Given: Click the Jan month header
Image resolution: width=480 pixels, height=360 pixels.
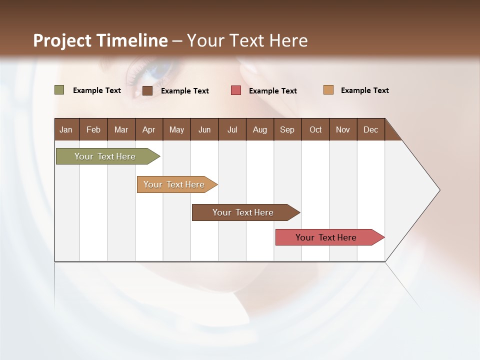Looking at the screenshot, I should coord(66,129).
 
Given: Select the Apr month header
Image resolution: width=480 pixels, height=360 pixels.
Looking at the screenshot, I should coord(148,129).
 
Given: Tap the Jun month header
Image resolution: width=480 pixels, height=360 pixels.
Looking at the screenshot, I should coord(204,129).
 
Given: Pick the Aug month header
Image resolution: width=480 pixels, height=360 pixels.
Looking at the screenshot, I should coord(259,129).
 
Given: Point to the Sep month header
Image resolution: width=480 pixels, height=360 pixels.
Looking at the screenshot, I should coord(287,129).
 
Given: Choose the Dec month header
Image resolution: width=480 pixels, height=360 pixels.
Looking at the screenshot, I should coord(370,129).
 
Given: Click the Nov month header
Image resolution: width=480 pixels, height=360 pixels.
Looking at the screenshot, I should coord(342,129).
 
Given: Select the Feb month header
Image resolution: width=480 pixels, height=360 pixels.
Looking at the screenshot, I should coord(93,129).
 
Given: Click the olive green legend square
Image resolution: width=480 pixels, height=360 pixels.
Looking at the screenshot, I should coord(59,90).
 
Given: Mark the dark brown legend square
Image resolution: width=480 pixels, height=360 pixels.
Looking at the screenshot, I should coord(147,90).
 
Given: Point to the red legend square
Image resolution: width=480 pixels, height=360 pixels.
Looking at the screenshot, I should coord(236,90).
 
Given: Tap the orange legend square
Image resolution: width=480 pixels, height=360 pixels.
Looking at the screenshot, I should coord(328,90).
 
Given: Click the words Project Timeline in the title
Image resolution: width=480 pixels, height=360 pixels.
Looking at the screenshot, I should coord(100,40).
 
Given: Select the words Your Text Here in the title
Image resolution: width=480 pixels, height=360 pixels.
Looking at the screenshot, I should coord(247,40).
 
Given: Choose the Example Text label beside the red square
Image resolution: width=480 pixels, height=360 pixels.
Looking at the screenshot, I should coord(272,91).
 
